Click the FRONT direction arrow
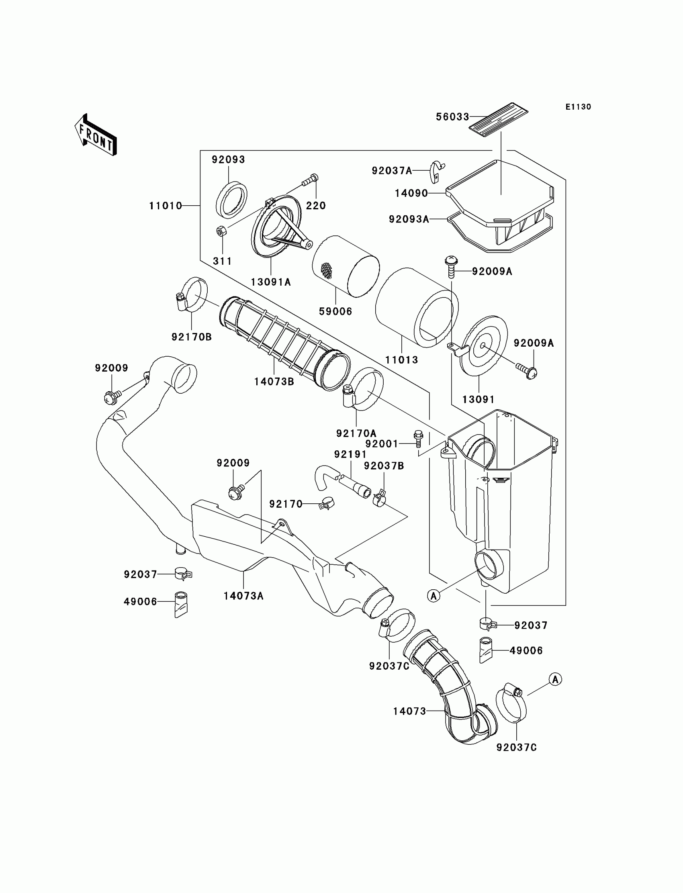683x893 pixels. [96, 135]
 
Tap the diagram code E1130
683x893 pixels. [578, 107]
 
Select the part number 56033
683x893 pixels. [452, 117]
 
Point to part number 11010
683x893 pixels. [166, 206]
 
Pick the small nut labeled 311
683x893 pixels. [221, 232]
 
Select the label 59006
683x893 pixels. [335, 312]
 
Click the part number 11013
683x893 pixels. [402, 360]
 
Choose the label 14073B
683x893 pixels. [274, 382]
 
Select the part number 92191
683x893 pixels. [350, 454]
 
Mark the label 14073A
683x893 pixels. [243, 596]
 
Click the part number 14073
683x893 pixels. [409, 711]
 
